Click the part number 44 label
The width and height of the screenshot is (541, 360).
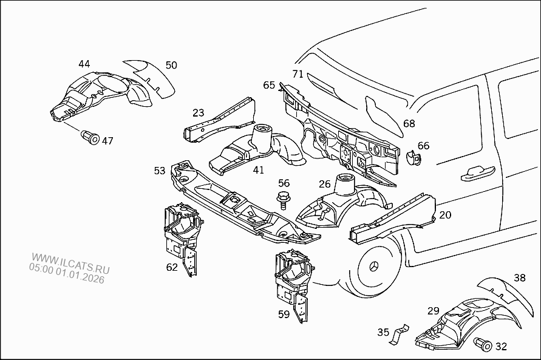click(84, 64)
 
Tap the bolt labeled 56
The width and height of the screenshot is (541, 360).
click(283, 198)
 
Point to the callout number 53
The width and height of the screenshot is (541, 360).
click(160, 171)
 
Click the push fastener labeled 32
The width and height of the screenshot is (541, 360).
click(485, 344)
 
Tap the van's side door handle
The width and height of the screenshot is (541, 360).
click(477, 175)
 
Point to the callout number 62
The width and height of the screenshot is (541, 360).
click(172, 267)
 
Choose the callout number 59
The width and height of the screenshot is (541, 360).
click(284, 314)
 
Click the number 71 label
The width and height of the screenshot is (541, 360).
click(298, 74)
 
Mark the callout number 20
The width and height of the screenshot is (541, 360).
click(445, 215)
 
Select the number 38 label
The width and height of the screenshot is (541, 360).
click(520, 278)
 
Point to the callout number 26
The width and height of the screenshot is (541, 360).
click(325, 184)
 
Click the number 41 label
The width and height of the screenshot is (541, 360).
click(259, 170)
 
